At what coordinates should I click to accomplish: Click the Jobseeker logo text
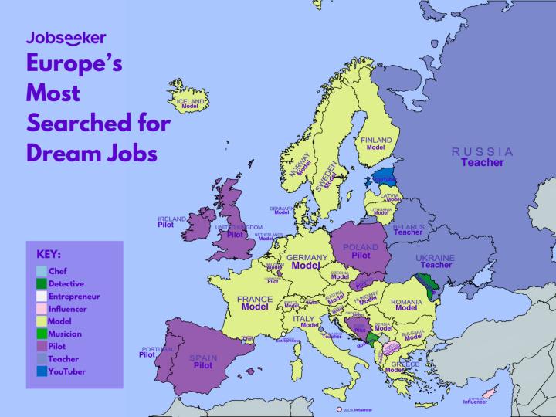pos(66,37)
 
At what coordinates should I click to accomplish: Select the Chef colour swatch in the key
pos(42,271)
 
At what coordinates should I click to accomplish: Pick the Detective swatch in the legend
pos(42,283)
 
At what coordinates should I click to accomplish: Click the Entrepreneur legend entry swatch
pos(42,296)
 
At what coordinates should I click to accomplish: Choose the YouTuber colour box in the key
pos(42,371)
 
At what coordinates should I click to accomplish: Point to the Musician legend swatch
pos(42,334)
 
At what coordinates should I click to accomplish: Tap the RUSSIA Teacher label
pos(482,157)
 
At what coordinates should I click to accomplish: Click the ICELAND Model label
pos(191,104)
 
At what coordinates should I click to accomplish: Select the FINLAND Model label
pos(376,143)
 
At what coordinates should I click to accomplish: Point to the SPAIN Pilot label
pos(203,361)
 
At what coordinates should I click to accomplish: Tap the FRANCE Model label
pos(254,302)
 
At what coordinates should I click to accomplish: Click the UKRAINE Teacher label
pos(435,261)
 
